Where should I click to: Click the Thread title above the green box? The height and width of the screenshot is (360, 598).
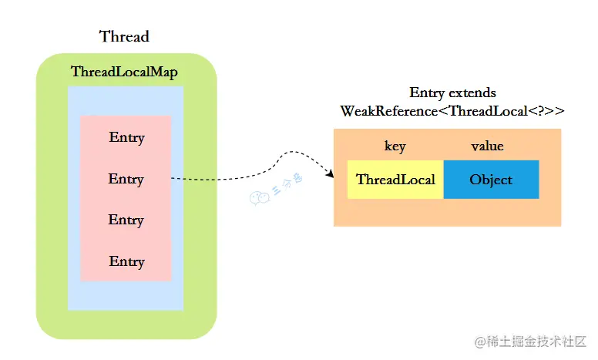point(124,36)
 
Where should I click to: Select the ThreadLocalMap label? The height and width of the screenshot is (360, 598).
point(124,72)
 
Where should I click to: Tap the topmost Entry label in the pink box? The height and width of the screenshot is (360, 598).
point(126,138)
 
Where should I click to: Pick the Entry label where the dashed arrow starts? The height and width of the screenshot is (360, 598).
point(126,179)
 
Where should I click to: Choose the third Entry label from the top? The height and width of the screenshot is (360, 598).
point(126,220)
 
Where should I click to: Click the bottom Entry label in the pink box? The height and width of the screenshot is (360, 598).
point(126,261)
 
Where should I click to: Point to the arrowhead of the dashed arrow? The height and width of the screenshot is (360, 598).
point(330,176)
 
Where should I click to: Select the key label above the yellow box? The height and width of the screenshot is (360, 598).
point(395,146)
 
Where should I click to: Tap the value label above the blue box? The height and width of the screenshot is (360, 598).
point(487,146)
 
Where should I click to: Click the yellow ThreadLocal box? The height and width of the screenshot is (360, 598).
point(395,180)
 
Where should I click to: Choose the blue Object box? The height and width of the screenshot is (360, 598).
point(491,180)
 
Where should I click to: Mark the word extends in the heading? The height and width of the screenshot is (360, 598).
point(473,93)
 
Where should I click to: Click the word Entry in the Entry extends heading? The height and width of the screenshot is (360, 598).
point(427,93)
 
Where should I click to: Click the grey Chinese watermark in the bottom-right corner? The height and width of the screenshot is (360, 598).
point(531,341)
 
